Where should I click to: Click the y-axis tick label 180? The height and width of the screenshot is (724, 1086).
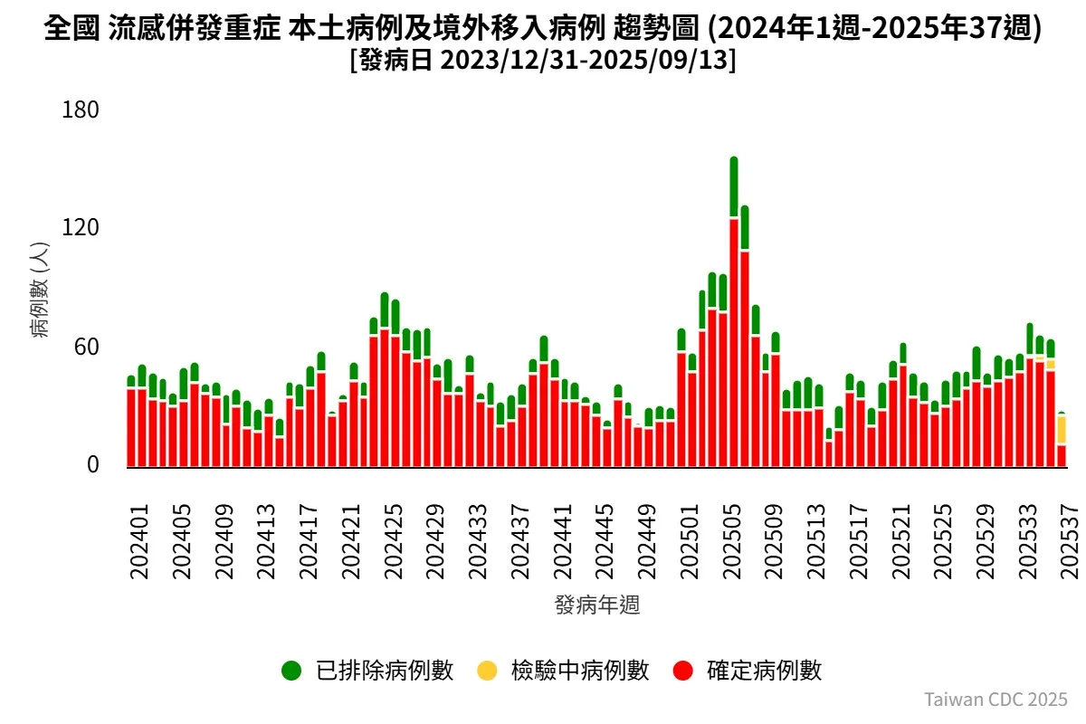click(x=80, y=110)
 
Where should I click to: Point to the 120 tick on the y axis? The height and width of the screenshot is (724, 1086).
click(x=80, y=228)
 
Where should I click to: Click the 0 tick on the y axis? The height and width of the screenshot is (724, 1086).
click(x=92, y=465)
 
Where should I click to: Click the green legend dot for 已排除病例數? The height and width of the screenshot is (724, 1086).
click(x=291, y=671)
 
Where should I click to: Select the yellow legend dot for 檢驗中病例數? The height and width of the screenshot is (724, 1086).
click(x=487, y=671)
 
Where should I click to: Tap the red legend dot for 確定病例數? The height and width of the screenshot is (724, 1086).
click(x=683, y=671)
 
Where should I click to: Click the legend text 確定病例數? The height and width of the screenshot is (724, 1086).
click(x=764, y=671)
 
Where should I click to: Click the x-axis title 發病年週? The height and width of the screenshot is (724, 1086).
click(x=597, y=605)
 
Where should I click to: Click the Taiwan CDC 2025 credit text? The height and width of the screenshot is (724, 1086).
click(x=995, y=700)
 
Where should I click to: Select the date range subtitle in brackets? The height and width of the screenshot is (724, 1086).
click(x=543, y=62)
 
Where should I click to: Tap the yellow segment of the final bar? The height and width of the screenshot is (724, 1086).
click(x=1062, y=430)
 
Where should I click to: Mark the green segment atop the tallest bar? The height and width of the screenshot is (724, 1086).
click(x=734, y=187)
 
